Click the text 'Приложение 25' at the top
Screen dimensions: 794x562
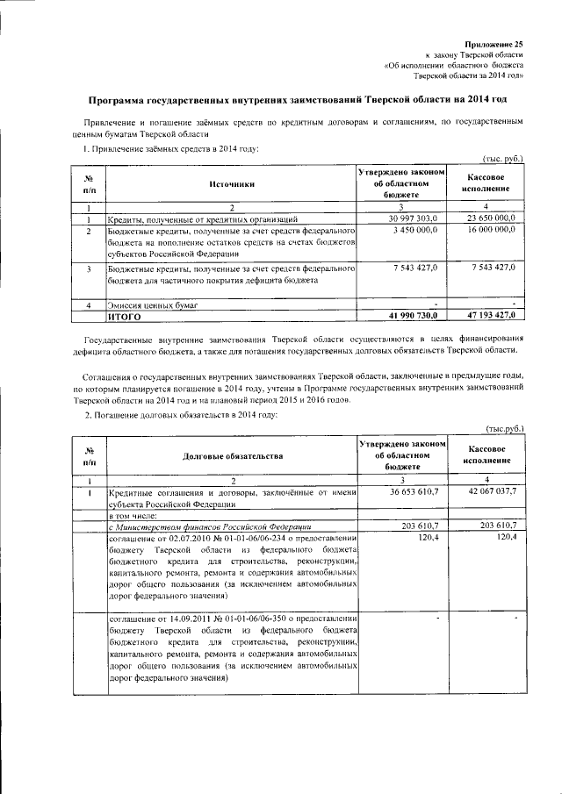pyautogui.click(x=494, y=43)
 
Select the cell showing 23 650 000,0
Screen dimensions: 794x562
pyautogui.click(x=485, y=217)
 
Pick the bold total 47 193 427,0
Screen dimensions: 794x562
pyautogui.click(x=485, y=315)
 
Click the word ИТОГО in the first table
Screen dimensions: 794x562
pyautogui.click(x=125, y=316)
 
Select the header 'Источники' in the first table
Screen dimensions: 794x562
pyautogui.click(x=231, y=184)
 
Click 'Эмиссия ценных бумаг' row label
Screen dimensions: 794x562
pyautogui.click(x=149, y=304)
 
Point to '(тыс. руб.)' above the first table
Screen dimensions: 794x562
pyautogui.click(x=505, y=158)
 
